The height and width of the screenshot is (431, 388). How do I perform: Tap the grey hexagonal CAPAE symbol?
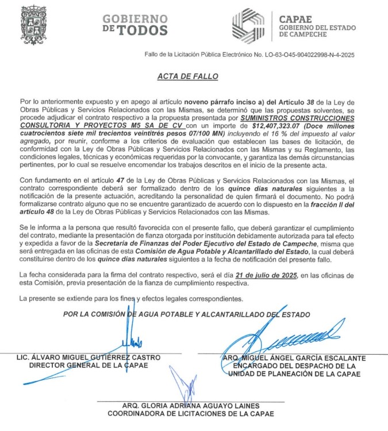pos(250,25)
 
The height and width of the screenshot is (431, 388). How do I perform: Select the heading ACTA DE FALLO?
pos(187,76)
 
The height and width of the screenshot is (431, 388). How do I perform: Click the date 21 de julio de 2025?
pos(270,276)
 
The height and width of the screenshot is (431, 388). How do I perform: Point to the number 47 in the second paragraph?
pos(135,183)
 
